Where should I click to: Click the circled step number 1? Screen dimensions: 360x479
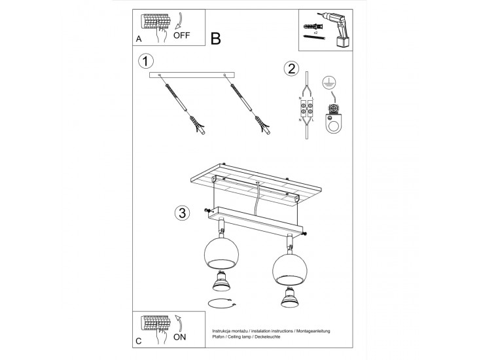[146, 62]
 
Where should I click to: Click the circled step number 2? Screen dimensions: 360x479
[292, 69]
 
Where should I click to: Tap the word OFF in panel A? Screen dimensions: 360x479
[182, 37]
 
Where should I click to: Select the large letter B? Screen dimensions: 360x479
[216, 38]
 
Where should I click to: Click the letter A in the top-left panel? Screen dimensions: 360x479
[139, 39]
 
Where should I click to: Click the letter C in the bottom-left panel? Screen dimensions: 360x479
[139, 341]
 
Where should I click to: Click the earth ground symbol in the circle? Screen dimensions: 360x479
[330, 83]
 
